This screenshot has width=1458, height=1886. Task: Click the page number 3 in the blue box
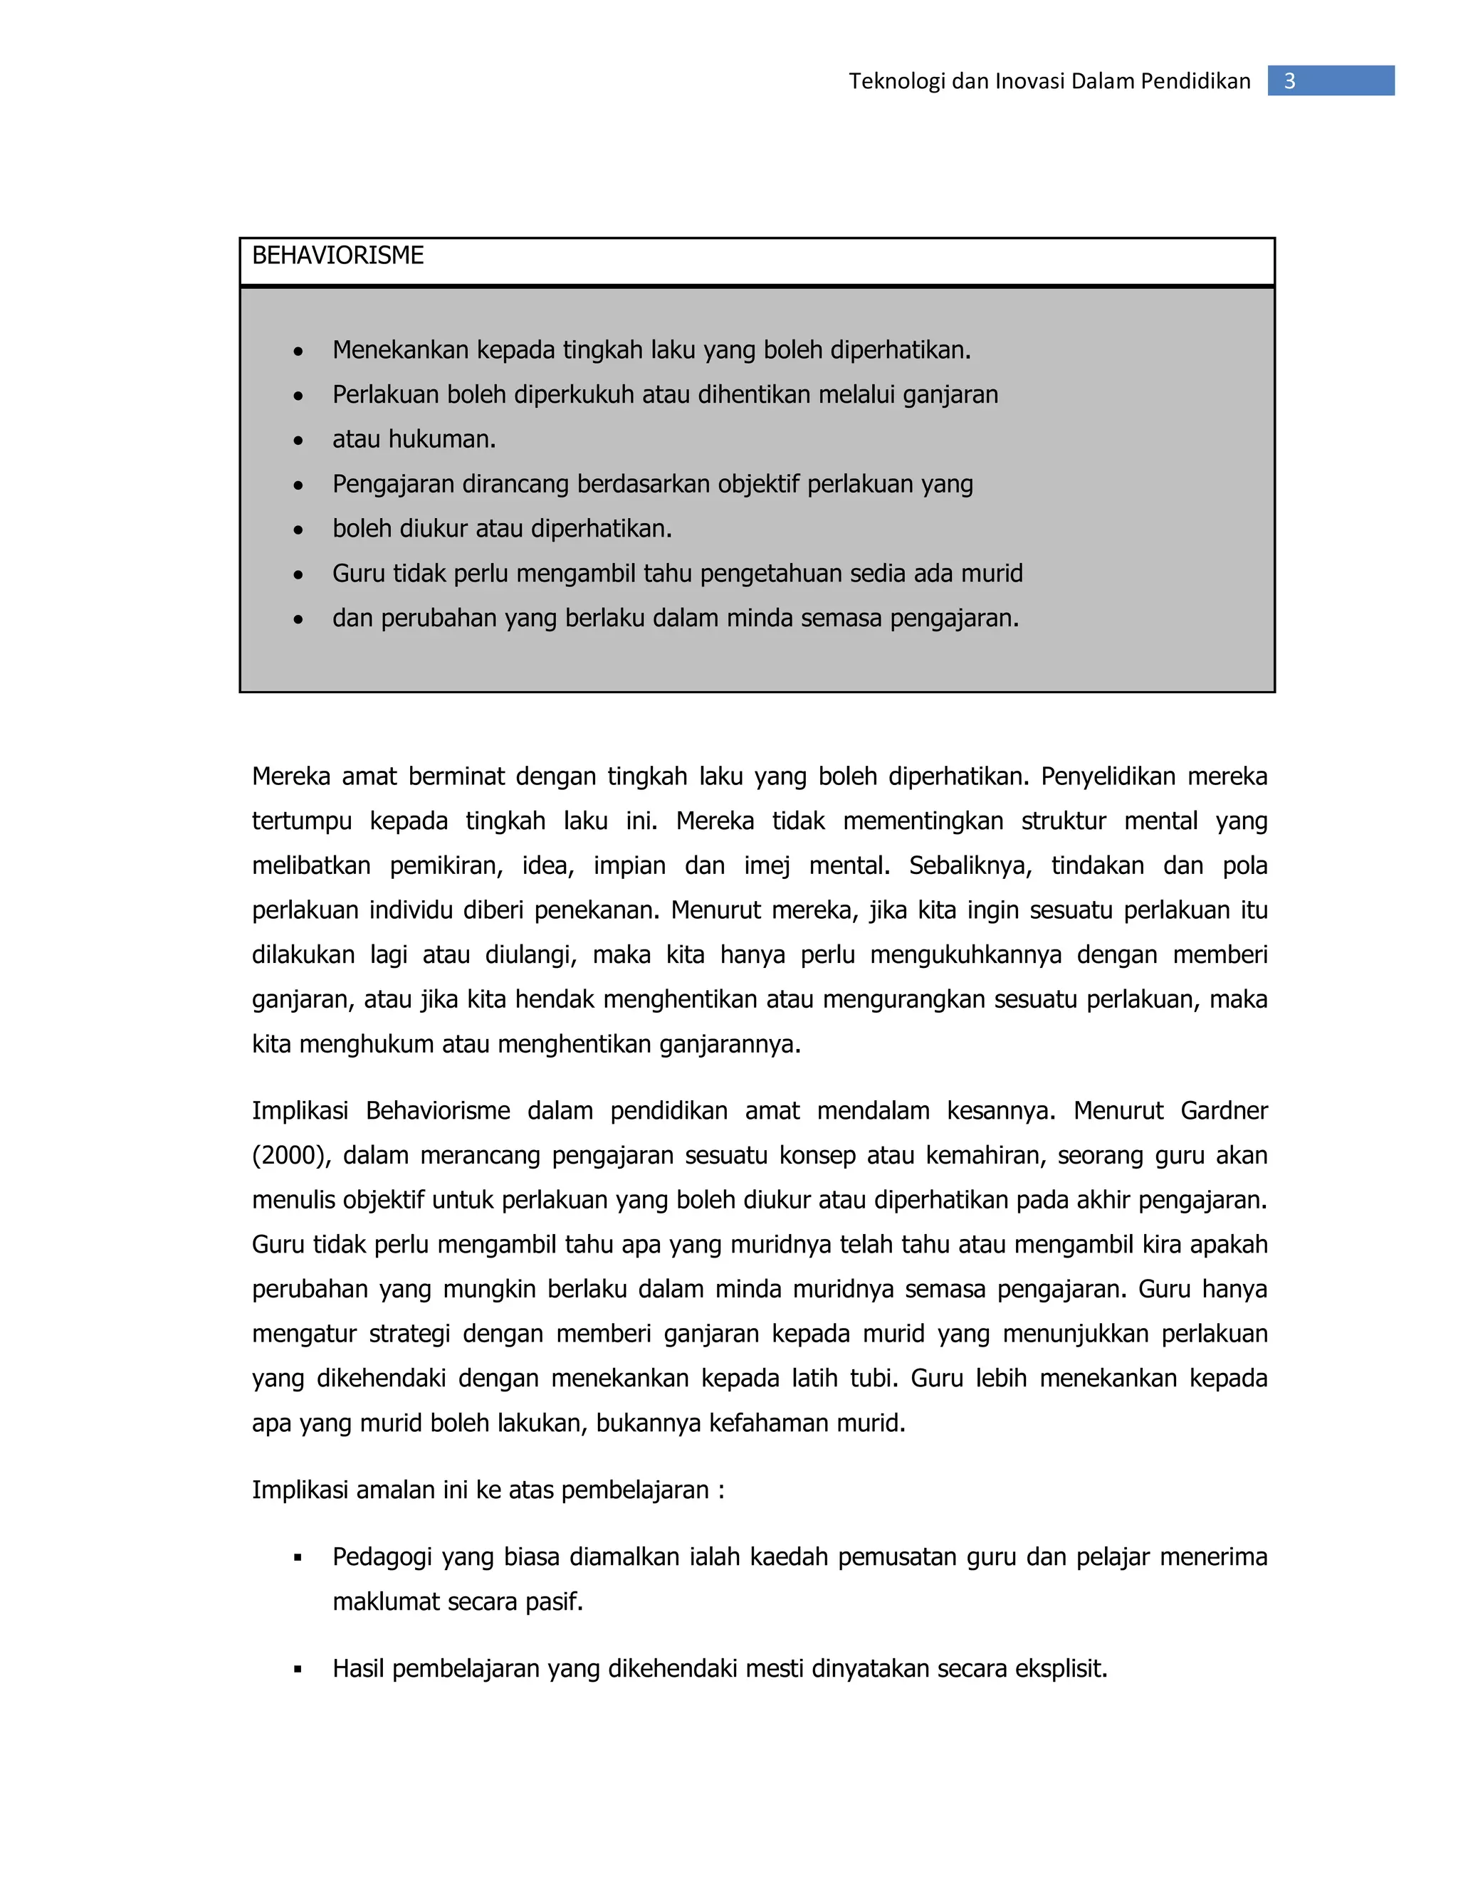pos(1289,81)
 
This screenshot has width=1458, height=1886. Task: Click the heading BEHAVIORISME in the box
pos(337,255)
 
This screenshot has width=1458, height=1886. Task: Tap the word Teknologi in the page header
pos(896,81)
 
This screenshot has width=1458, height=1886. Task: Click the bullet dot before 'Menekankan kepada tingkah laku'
pos(298,352)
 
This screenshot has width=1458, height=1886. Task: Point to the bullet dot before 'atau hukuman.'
pos(298,441)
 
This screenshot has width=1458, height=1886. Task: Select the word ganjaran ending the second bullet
pos(950,396)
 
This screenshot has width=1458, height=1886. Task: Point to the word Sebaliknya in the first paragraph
pos(969,865)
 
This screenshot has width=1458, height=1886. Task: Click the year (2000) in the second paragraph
pos(290,1155)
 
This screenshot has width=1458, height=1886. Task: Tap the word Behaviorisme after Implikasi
pos(438,1110)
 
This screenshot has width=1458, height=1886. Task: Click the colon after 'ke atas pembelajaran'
pos(720,1490)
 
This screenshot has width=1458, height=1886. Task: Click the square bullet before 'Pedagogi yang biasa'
pos(298,1558)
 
